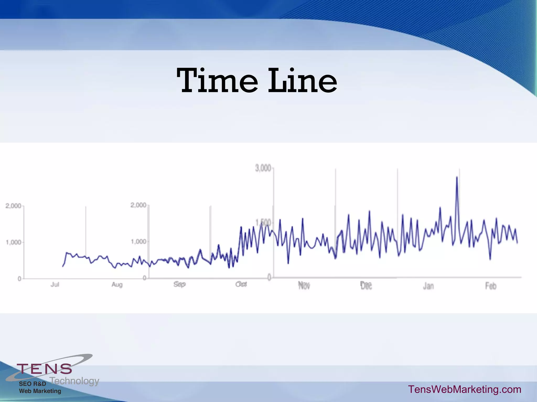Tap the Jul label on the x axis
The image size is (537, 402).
point(55,284)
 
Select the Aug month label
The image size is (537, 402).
point(117,284)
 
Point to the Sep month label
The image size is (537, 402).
point(179,284)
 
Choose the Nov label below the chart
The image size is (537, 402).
point(304,286)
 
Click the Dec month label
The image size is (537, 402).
point(366,286)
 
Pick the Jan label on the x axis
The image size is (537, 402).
point(428,286)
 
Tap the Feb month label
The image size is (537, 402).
point(491,286)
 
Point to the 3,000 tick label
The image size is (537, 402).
point(263,168)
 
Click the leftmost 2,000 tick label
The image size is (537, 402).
point(13,206)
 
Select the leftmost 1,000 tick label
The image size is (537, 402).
point(13,242)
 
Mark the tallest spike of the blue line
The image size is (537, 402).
point(457,178)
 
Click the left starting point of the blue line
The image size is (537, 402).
point(63,266)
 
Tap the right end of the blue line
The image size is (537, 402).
point(517,243)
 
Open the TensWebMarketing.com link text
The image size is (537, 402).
point(465,389)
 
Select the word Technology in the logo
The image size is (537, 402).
point(74,381)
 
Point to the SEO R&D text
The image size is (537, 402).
point(33,384)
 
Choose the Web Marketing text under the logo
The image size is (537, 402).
point(40,391)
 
